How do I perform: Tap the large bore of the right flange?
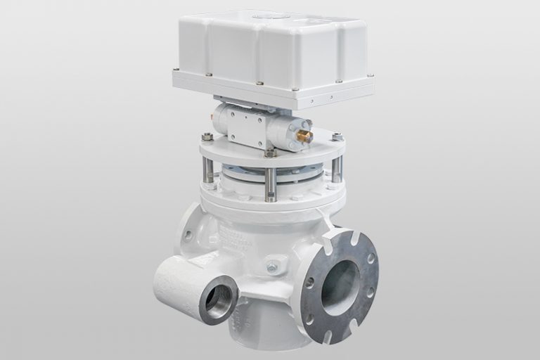point(341,287)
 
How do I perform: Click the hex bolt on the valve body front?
point(272,267)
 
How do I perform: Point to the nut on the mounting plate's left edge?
point(207,136)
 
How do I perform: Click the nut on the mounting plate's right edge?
point(337,136)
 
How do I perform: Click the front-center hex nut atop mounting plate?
point(270,153)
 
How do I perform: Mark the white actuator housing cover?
point(271,49)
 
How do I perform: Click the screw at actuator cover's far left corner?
point(176,70)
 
